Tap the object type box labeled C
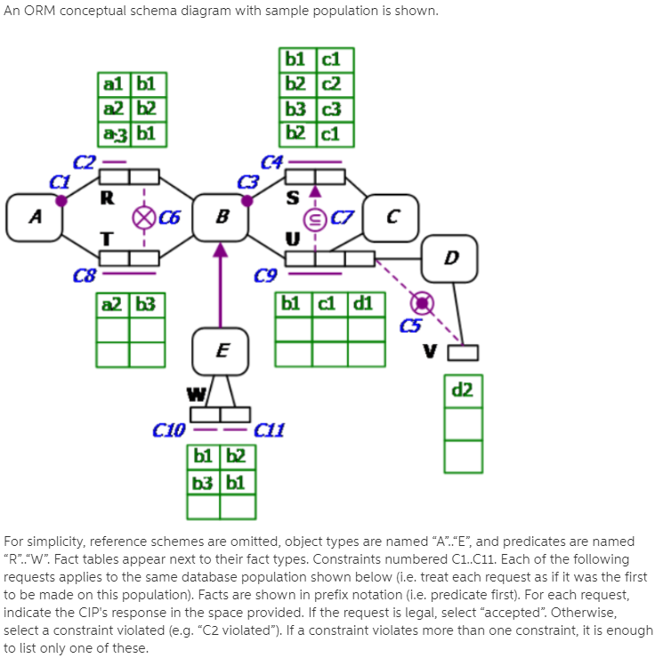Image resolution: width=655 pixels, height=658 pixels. [x=390, y=217]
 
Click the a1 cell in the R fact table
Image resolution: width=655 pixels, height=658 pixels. [x=113, y=85]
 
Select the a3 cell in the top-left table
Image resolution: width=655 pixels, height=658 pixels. [x=113, y=134]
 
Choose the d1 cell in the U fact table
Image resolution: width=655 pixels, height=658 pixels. [x=363, y=303]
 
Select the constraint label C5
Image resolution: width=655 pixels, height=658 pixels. [x=409, y=326]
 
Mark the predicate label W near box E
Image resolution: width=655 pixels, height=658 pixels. [x=194, y=392]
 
